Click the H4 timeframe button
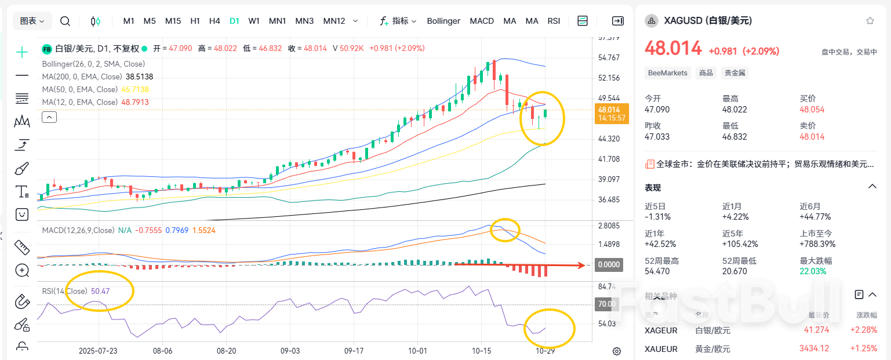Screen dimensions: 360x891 tap(214, 21)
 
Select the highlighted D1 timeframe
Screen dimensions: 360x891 tap(234, 21)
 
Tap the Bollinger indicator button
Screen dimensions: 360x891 tap(443, 21)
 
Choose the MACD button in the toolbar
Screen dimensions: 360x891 tap(482, 21)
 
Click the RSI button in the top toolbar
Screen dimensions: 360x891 tap(554, 21)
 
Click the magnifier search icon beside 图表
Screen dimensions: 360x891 tap(66, 21)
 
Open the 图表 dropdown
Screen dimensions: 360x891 tap(33, 21)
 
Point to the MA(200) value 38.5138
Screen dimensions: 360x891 tap(139, 77)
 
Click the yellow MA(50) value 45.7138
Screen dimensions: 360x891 tap(135, 89)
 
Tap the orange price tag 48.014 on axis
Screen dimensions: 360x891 tap(609, 110)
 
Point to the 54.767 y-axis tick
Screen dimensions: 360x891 tap(609, 57)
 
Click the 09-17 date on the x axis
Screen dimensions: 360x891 tap(354, 351)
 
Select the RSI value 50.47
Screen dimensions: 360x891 tap(101, 291)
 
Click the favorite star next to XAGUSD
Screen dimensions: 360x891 tap(870, 21)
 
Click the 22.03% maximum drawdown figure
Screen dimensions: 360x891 tap(813, 271)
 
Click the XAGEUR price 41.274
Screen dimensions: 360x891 tap(816, 330)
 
